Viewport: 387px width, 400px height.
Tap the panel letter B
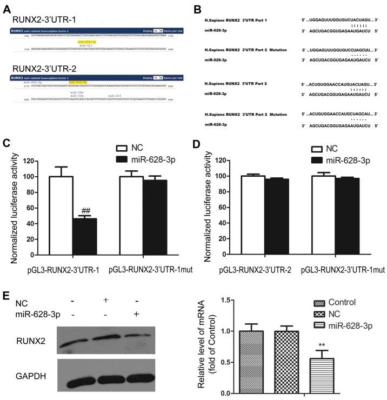(x=197, y=6)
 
